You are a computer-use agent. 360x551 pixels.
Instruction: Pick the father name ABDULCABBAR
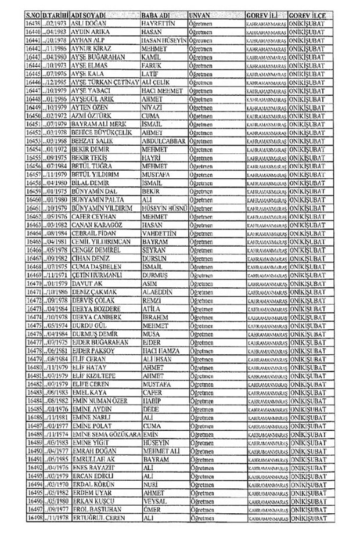coord(165,141)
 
